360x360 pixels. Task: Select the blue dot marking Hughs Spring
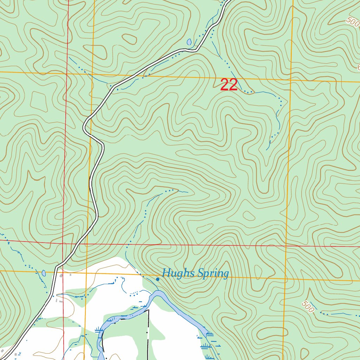[157, 279]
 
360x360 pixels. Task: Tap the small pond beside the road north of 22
[189, 42]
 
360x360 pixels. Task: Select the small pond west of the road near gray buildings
[44, 273]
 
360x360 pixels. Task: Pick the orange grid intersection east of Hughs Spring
[285, 280]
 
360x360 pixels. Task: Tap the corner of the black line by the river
[148, 310]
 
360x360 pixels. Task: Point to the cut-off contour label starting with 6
[358, 67]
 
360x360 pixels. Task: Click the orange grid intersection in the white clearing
[86, 273]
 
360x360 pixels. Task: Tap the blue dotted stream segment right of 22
[249, 92]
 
